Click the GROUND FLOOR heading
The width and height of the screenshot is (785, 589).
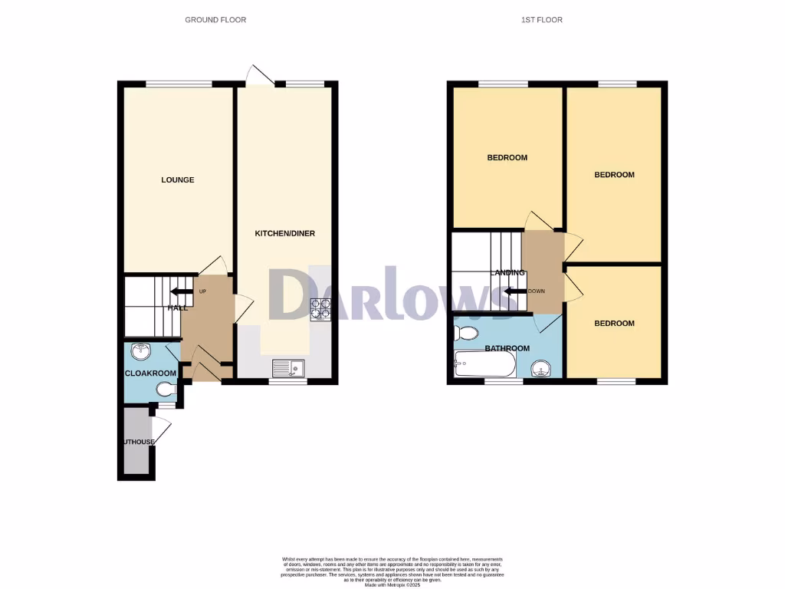215,19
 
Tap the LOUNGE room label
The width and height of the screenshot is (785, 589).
177,180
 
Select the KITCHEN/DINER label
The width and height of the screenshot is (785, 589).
284,233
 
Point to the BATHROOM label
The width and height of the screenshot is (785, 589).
507,348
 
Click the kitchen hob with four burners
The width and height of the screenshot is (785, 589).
319,308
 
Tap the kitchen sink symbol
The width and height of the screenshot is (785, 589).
288,368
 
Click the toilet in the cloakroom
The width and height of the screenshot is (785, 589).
166,390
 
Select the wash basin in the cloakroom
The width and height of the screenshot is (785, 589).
141,352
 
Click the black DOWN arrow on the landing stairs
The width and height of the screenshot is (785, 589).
515,291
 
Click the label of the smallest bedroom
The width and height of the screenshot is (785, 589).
614,324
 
